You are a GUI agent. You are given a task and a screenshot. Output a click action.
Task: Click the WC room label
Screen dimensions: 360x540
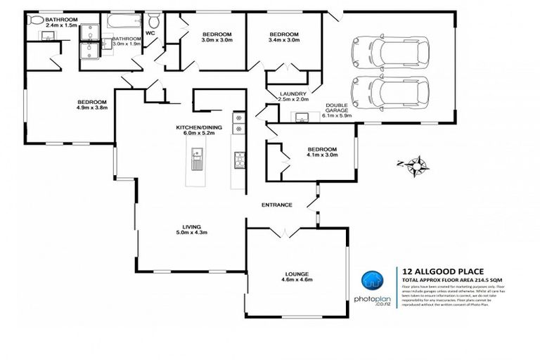pyautogui.click(x=150, y=32)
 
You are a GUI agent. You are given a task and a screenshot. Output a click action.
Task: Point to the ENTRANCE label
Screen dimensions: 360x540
pyautogui.click(x=276, y=205)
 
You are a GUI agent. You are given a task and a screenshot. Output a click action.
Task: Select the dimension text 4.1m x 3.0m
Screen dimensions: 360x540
pyautogui.click(x=322, y=155)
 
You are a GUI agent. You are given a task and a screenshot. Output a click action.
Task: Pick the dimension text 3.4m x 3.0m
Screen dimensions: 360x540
pyautogui.click(x=284, y=40)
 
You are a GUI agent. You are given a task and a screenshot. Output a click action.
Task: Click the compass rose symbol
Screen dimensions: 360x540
pyautogui.click(x=418, y=166)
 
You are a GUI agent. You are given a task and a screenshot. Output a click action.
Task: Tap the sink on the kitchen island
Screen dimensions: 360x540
pyautogui.click(x=196, y=153)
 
